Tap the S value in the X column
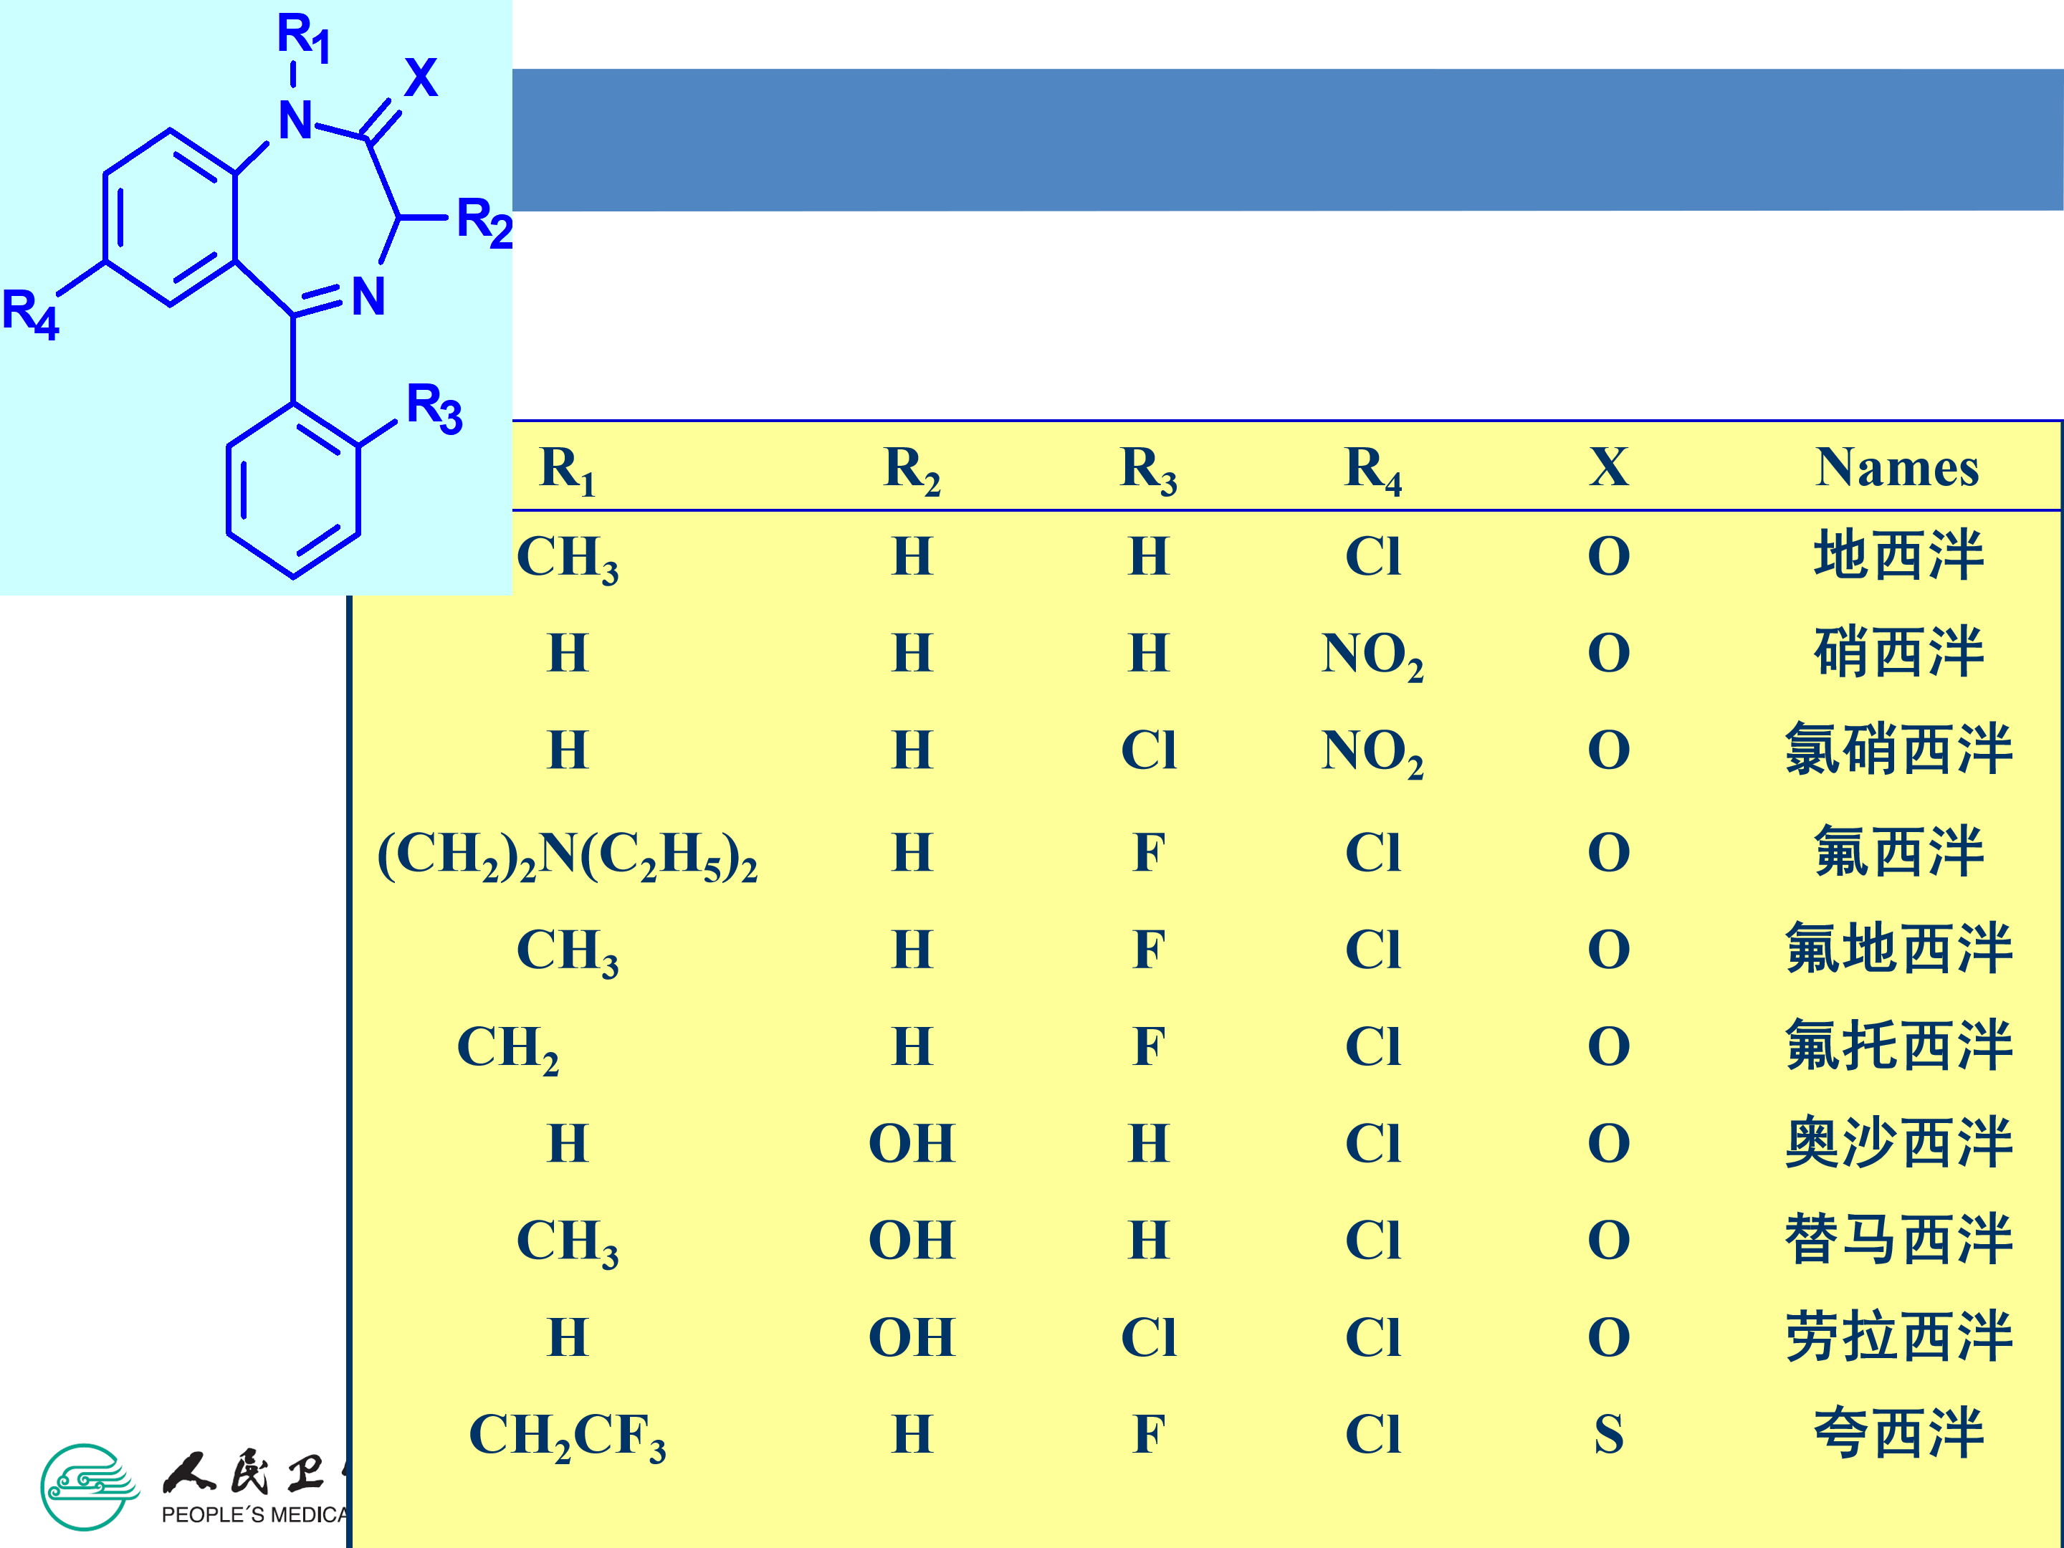coord(1609,1434)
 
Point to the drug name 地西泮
coord(1898,555)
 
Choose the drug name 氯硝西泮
coord(1898,749)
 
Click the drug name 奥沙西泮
coord(1898,1143)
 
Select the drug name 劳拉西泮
coord(1898,1336)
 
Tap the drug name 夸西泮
coord(1898,1433)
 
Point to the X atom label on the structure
coord(421,77)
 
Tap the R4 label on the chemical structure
coord(30,313)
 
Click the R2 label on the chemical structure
coord(483,222)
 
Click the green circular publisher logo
coord(87,1487)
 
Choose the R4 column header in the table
coord(1372,469)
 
